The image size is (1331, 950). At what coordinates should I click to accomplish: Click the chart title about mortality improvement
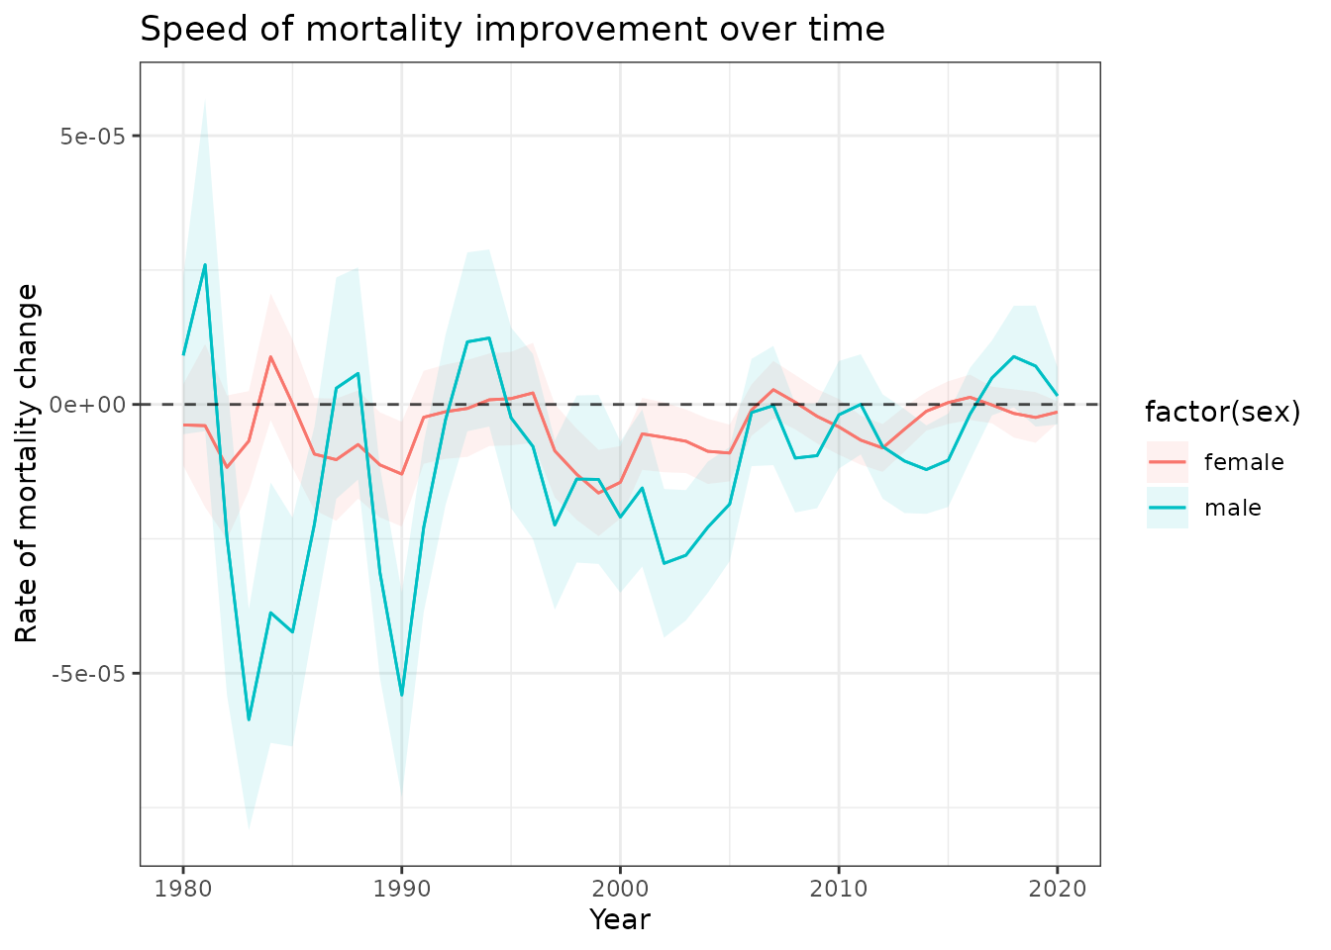[x=512, y=29]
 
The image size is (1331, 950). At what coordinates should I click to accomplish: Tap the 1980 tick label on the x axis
[x=183, y=888]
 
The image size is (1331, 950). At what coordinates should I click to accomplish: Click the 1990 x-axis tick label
[x=401, y=888]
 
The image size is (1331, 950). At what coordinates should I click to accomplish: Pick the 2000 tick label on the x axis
[x=620, y=888]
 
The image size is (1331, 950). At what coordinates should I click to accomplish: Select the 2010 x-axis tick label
[x=839, y=888]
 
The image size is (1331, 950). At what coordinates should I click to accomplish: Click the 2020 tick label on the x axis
[x=1057, y=888]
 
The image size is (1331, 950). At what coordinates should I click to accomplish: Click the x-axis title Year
[x=620, y=920]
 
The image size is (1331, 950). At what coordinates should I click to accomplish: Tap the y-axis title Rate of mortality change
[x=28, y=463]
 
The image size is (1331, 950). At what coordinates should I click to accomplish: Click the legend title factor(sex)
[x=1222, y=412]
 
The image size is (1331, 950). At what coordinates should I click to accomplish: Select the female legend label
[x=1243, y=462]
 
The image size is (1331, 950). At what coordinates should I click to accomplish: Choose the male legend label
[x=1232, y=508]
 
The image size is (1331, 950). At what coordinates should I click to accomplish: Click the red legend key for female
[x=1167, y=462]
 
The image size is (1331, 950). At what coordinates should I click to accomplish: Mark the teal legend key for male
[x=1167, y=508]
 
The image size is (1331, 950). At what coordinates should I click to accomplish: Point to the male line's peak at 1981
[x=205, y=264]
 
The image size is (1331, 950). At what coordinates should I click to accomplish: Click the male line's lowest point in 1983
[x=249, y=720]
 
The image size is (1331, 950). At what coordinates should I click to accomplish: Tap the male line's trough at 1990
[x=401, y=696]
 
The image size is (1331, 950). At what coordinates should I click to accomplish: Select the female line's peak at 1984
[x=270, y=356]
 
